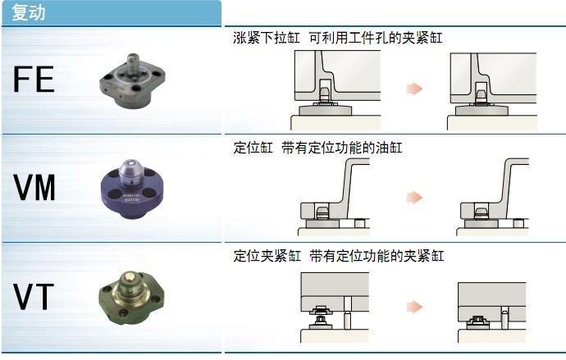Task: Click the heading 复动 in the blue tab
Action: tap(29, 12)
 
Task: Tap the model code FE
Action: tap(34, 80)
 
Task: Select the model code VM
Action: tap(34, 187)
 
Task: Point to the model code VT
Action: tap(34, 297)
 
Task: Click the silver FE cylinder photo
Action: tap(132, 81)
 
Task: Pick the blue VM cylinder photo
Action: tap(132, 189)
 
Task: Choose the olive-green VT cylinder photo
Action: tap(131, 298)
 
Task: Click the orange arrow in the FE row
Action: tap(414, 89)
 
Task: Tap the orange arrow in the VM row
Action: tap(414, 198)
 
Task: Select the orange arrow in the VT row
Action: tap(414, 307)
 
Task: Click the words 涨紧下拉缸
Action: tap(267, 38)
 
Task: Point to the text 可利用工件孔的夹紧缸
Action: tap(376, 38)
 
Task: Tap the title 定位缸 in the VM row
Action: tap(253, 148)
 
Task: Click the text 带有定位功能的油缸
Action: tap(342, 148)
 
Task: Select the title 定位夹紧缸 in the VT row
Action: tap(267, 256)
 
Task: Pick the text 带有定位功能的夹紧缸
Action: tap(377, 256)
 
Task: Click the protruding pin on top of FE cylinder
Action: tap(133, 62)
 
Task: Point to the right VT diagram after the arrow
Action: tap(492, 312)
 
